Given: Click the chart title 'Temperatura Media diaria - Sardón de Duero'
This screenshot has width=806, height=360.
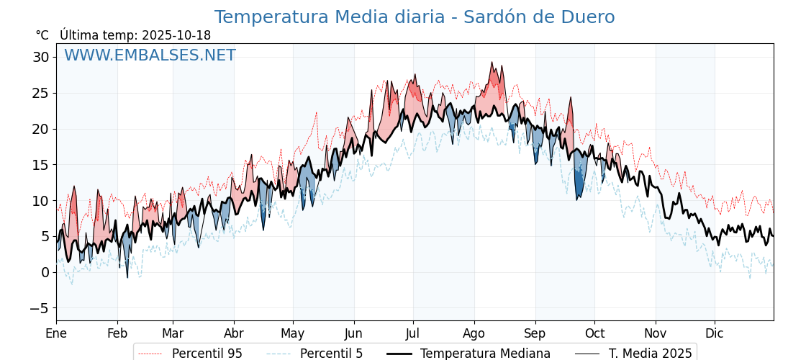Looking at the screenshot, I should (x=415, y=17).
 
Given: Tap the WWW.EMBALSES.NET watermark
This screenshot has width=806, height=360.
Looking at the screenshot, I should (x=150, y=55).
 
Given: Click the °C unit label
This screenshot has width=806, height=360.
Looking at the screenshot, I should (x=42, y=35).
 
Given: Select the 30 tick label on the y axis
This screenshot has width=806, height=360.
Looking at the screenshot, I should (x=40, y=58).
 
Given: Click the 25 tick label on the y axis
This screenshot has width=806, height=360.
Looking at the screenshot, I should (x=40, y=93).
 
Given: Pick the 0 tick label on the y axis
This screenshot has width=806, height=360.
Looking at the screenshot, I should (x=45, y=272).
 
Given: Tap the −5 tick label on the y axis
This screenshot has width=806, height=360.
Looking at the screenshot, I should (x=40, y=308).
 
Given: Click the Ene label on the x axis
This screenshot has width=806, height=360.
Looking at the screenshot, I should (x=56, y=334).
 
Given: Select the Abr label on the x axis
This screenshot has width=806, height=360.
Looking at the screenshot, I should (x=234, y=334).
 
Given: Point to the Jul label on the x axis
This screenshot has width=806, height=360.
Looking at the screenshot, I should (x=413, y=334).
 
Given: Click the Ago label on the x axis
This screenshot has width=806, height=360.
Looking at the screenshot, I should (x=474, y=334).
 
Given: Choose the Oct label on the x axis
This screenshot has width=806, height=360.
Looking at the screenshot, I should (x=595, y=334).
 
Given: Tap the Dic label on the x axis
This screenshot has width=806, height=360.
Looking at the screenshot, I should (x=715, y=334).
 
